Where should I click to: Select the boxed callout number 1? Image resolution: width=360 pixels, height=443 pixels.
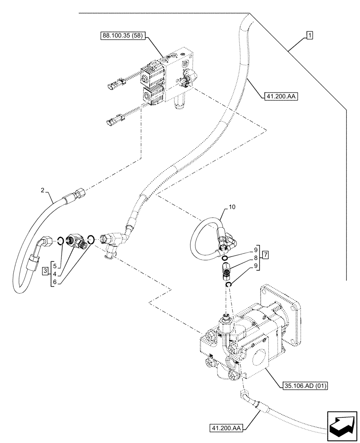309,35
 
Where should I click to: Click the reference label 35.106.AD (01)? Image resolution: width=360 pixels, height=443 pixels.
304,385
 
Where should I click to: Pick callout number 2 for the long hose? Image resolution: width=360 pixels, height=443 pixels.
43,190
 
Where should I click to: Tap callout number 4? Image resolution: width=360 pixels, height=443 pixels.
55,274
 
